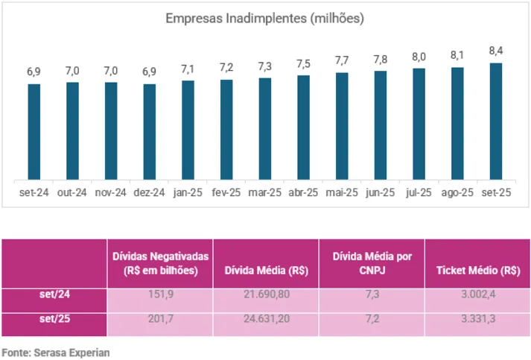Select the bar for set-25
click(495, 121)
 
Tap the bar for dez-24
click(150, 132)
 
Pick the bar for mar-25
click(265, 129)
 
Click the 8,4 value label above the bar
click(495, 51)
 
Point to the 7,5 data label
click(303, 63)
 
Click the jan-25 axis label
click(188, 192)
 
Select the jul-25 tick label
click(419, 192)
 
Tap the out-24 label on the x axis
click(72, 192)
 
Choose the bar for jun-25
click(380, 125)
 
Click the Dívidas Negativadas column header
click(160, 264)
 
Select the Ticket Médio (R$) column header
click(477, 271)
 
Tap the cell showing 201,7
click(160, 323)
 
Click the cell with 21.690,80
click(266, 299)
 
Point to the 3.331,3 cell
click(477, 323)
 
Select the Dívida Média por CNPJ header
click(372, 264)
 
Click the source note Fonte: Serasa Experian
click(56, 352)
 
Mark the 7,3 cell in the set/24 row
click(372, 299)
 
